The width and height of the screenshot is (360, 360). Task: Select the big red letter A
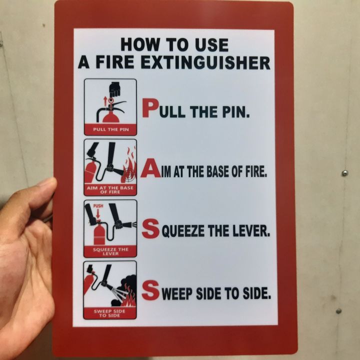point(150,169)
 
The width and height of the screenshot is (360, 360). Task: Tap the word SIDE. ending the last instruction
point(255,293)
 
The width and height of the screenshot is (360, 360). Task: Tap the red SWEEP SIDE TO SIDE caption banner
point(110,312)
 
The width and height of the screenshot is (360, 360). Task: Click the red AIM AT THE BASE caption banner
point(110,189)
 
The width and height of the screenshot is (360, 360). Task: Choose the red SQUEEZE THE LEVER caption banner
point(110,251)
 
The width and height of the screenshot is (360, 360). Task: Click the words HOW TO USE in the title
point(174,45)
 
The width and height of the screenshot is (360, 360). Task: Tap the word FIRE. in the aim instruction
point(254,171)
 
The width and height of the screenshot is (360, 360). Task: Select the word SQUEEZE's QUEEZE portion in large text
point(187,231)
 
